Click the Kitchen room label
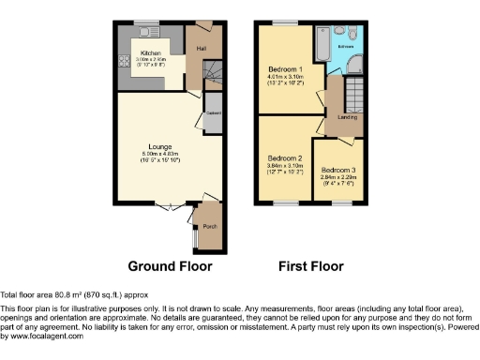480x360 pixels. [x=150, y=52]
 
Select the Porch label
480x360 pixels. [x=210, y=226]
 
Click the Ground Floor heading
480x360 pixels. [x=170, y=266]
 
